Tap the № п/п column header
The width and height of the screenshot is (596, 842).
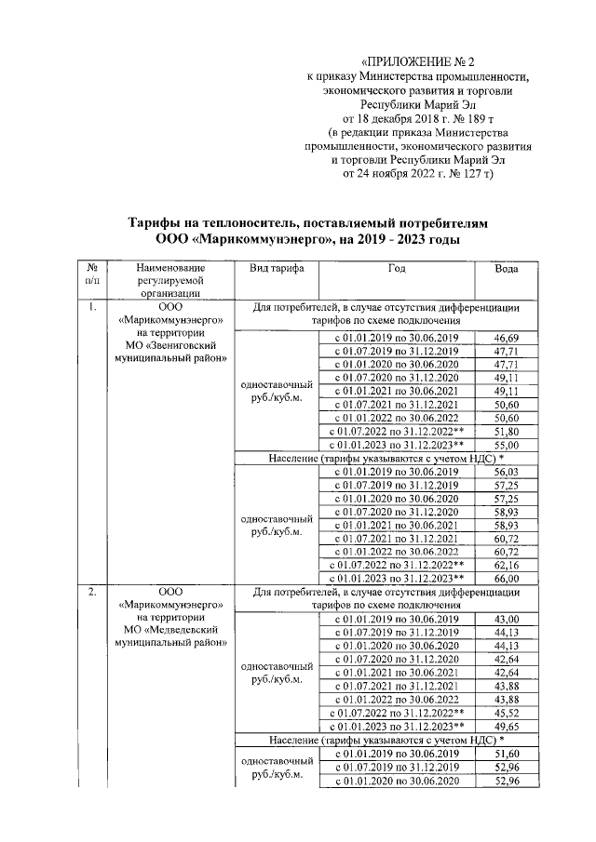(x=92, y=274)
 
